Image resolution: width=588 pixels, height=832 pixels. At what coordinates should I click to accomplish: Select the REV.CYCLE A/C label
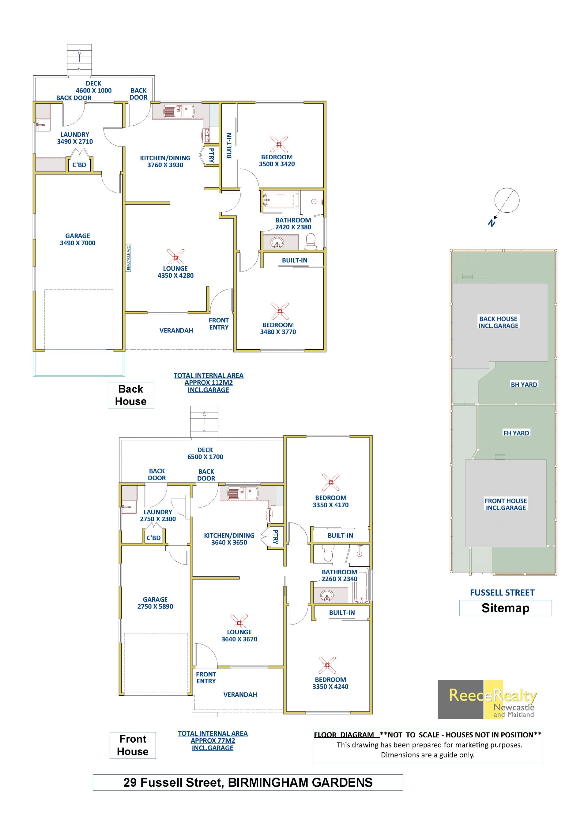[x=129, y=258]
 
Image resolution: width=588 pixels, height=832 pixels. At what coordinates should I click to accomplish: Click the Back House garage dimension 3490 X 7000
[x=78, y=243]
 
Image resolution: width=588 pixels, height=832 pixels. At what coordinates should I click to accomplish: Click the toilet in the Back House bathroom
[x=310, y=242]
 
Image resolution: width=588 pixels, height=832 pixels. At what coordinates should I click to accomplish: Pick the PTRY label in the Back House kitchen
[x=211, y=155]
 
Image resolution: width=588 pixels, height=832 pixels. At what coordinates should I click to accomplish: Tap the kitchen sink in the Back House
[x=179, y=111]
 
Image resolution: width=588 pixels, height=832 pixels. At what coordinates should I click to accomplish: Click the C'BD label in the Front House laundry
[x=153, y=538]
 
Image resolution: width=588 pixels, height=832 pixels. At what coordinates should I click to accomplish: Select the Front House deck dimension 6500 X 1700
[x=205, y=457]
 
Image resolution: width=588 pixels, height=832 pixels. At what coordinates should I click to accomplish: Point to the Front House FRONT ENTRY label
[x=206, y=678]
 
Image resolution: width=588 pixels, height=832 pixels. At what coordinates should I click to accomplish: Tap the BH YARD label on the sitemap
[x=524, y=385]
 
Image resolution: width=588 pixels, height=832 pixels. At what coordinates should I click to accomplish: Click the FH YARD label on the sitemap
[x=516, y=433]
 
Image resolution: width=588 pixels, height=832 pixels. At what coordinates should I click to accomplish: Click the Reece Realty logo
[x=487, y=699]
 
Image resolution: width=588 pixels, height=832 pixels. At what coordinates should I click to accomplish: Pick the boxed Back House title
[x=131, y=395]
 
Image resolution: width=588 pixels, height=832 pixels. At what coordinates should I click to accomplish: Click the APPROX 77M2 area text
[x=213, y=741]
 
